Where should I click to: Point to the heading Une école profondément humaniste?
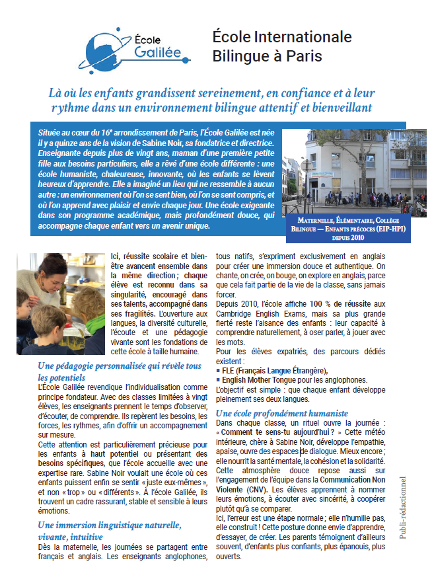(x=273, y=413)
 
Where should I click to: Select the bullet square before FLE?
(x=219, y=371)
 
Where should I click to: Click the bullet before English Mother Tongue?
(x=219, y=380)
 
